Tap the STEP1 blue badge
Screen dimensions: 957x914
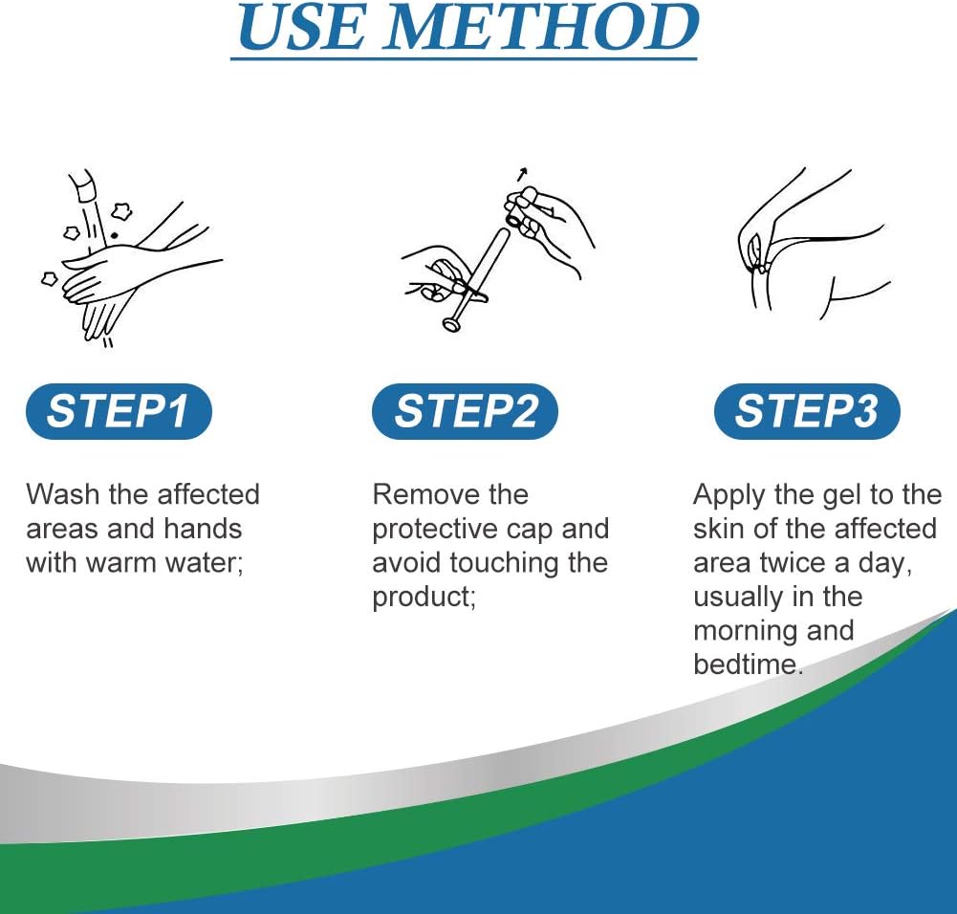pos(119,410)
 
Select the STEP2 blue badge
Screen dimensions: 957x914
pos(465,410)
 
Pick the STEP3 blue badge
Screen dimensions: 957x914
pos(807,410)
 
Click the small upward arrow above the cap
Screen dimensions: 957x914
pos(521,175)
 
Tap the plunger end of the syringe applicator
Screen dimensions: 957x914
pos(452,324)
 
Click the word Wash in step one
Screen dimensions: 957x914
pos(64,494)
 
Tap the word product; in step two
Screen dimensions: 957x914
pos(424,598)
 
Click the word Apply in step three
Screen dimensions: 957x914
pos(729,495)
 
